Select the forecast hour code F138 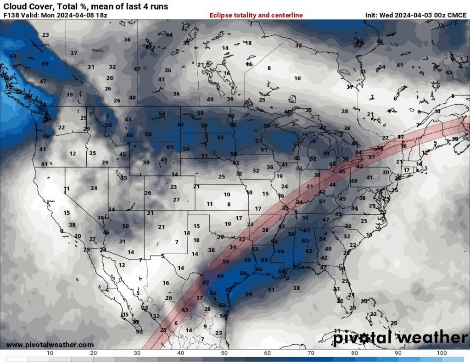11,15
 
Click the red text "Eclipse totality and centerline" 256,15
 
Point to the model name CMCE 457,15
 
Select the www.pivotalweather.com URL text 50,345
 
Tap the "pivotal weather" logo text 400,338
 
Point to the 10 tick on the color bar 50,353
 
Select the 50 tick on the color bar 224,353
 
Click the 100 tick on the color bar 442,353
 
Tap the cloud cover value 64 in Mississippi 280,251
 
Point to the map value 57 258,141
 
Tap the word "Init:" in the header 371,15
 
